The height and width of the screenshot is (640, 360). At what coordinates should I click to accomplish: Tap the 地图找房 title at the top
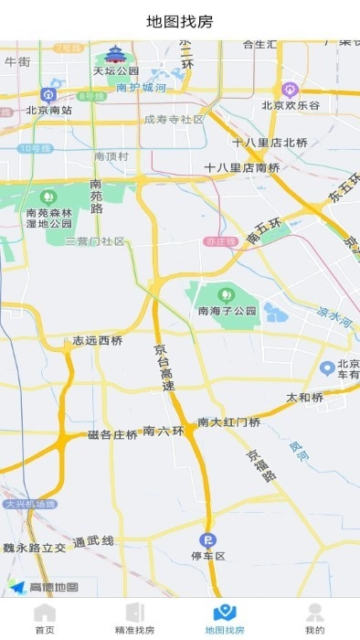click(180, 21)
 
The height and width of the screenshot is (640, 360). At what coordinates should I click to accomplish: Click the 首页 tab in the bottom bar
click(45, 619)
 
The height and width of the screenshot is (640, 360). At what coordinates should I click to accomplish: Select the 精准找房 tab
click(134, 619)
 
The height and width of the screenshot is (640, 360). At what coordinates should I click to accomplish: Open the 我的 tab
click(314, 619)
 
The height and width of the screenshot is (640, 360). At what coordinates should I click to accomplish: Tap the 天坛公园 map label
click(116, 70)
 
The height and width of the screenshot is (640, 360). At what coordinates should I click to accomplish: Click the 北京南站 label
click(49, 110)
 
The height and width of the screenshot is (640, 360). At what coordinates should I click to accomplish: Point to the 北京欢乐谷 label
click(291, 105)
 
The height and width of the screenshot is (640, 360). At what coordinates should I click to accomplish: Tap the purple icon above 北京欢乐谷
click(291, 89)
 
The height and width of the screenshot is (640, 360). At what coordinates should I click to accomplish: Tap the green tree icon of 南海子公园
click(225, 294)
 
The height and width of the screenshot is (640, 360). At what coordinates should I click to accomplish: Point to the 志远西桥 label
click(98, 340)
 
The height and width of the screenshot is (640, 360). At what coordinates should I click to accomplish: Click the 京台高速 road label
click(164, 368)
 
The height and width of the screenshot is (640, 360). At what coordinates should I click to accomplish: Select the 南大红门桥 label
click(229, 422)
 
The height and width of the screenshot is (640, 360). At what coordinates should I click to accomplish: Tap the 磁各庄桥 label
click(112, 434)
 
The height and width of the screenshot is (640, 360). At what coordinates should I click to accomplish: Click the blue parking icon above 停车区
click(208, 539)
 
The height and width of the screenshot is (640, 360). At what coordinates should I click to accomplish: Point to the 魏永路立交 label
click(35, 547)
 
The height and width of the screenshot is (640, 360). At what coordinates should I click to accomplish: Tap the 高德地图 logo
click(44, 587)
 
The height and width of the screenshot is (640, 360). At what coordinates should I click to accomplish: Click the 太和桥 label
click(305, 398)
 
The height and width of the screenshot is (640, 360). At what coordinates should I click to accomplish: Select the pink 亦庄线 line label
click(220, 241)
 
